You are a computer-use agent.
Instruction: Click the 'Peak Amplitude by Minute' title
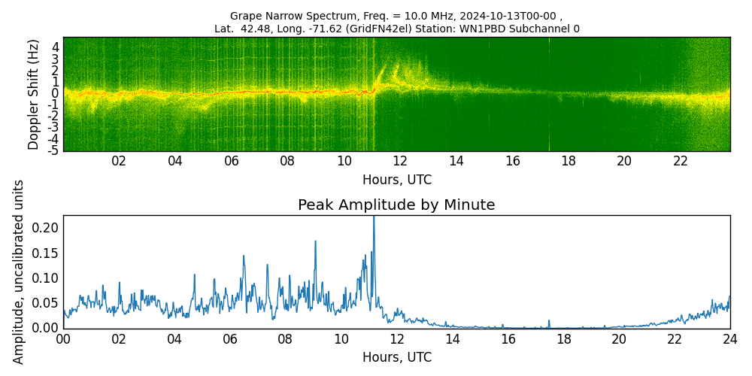[396, 205]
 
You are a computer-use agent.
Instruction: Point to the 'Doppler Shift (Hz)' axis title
[34, 94]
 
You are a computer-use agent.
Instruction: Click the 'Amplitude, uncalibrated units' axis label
[19, 271]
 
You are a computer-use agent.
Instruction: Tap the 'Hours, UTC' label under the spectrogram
[396, 180]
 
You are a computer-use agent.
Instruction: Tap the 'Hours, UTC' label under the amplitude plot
[396, 358]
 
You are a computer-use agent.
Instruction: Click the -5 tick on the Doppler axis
[53, 150]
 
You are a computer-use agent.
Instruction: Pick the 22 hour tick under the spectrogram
[681, 162]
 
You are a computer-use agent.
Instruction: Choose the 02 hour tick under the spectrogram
[119, 162]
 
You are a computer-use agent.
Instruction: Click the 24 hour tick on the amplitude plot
[729, 339]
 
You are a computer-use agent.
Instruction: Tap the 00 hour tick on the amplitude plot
[63, 339]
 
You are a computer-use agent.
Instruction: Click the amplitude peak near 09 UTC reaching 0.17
[315, 242]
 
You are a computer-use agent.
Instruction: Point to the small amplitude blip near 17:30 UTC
[549, 321]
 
